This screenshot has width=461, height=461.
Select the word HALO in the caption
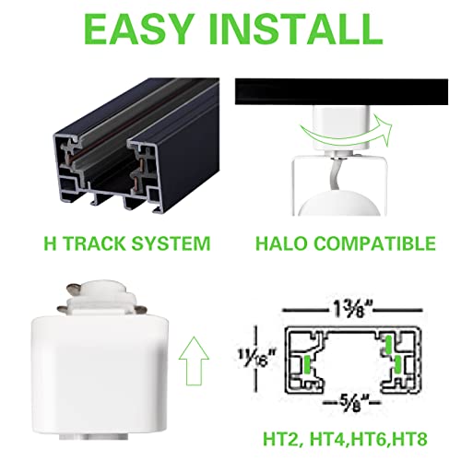(x=280, y=244)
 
